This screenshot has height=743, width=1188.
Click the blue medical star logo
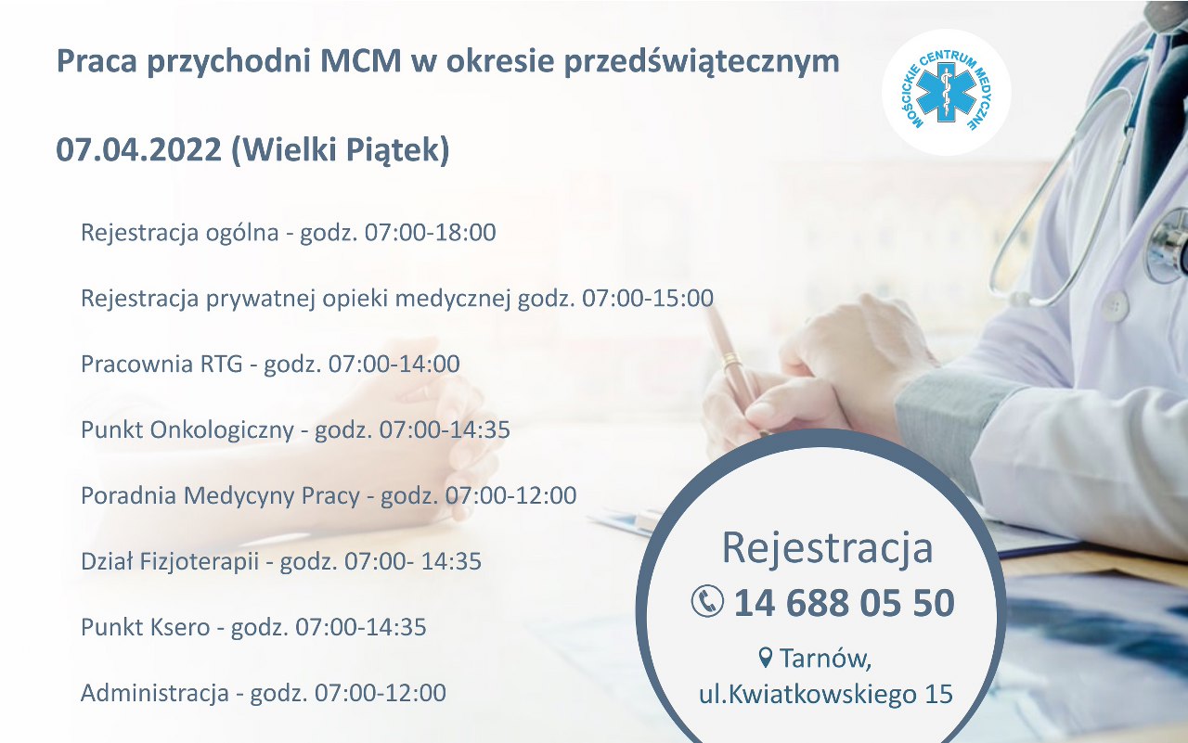pos(947,92)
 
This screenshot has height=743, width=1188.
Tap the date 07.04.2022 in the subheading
pos(139,149)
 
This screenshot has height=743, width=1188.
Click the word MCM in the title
pos(360,61)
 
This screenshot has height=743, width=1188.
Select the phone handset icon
pos(707,601)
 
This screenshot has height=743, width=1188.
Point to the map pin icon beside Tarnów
pos(765,658)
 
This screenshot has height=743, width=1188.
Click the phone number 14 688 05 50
pos(845,603)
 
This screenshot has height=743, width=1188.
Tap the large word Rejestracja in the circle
pos(827,547)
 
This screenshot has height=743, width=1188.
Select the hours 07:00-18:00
pos(430,232)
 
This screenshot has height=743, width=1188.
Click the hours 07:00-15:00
pos(648,298)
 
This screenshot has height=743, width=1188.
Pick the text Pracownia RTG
pos(161,364)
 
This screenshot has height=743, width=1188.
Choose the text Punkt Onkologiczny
pos(187,429)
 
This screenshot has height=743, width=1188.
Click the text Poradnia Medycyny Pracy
pos(220,495)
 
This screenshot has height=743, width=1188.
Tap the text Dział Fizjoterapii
pos(170,561)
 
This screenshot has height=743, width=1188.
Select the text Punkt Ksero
pos(146,627)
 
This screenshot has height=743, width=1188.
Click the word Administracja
pos(155,693)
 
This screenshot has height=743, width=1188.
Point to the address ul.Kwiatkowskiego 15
pos(826,694)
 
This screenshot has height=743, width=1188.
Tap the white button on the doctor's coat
pos(1113,307)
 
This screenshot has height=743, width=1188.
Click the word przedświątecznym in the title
pos(702,62)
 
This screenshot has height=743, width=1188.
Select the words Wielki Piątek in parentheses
pos(340,150)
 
